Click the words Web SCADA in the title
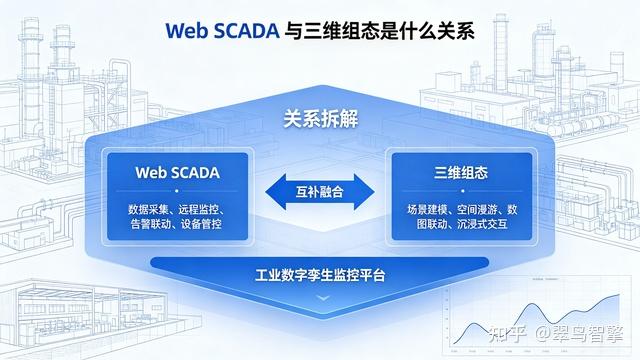point(222,31)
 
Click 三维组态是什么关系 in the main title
point(380,31)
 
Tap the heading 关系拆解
point(320,119)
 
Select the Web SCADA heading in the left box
point(178,173)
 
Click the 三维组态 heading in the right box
point(461,173)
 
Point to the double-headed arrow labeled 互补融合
point(320,192)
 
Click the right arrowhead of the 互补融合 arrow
point(364,192)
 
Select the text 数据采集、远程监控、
point(177,210)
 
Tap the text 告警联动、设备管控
point(176,224)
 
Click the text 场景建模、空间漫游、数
point(462,210)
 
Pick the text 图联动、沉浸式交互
point(462,224)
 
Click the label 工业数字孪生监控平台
point(320,275)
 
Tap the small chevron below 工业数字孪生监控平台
point(323,298)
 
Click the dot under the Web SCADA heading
point(177,191)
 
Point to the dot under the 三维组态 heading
point(462,191)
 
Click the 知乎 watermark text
point(507,334)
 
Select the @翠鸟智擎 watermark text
point(579,334)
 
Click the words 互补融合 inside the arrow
point(320,192)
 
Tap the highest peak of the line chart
point(619,295)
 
